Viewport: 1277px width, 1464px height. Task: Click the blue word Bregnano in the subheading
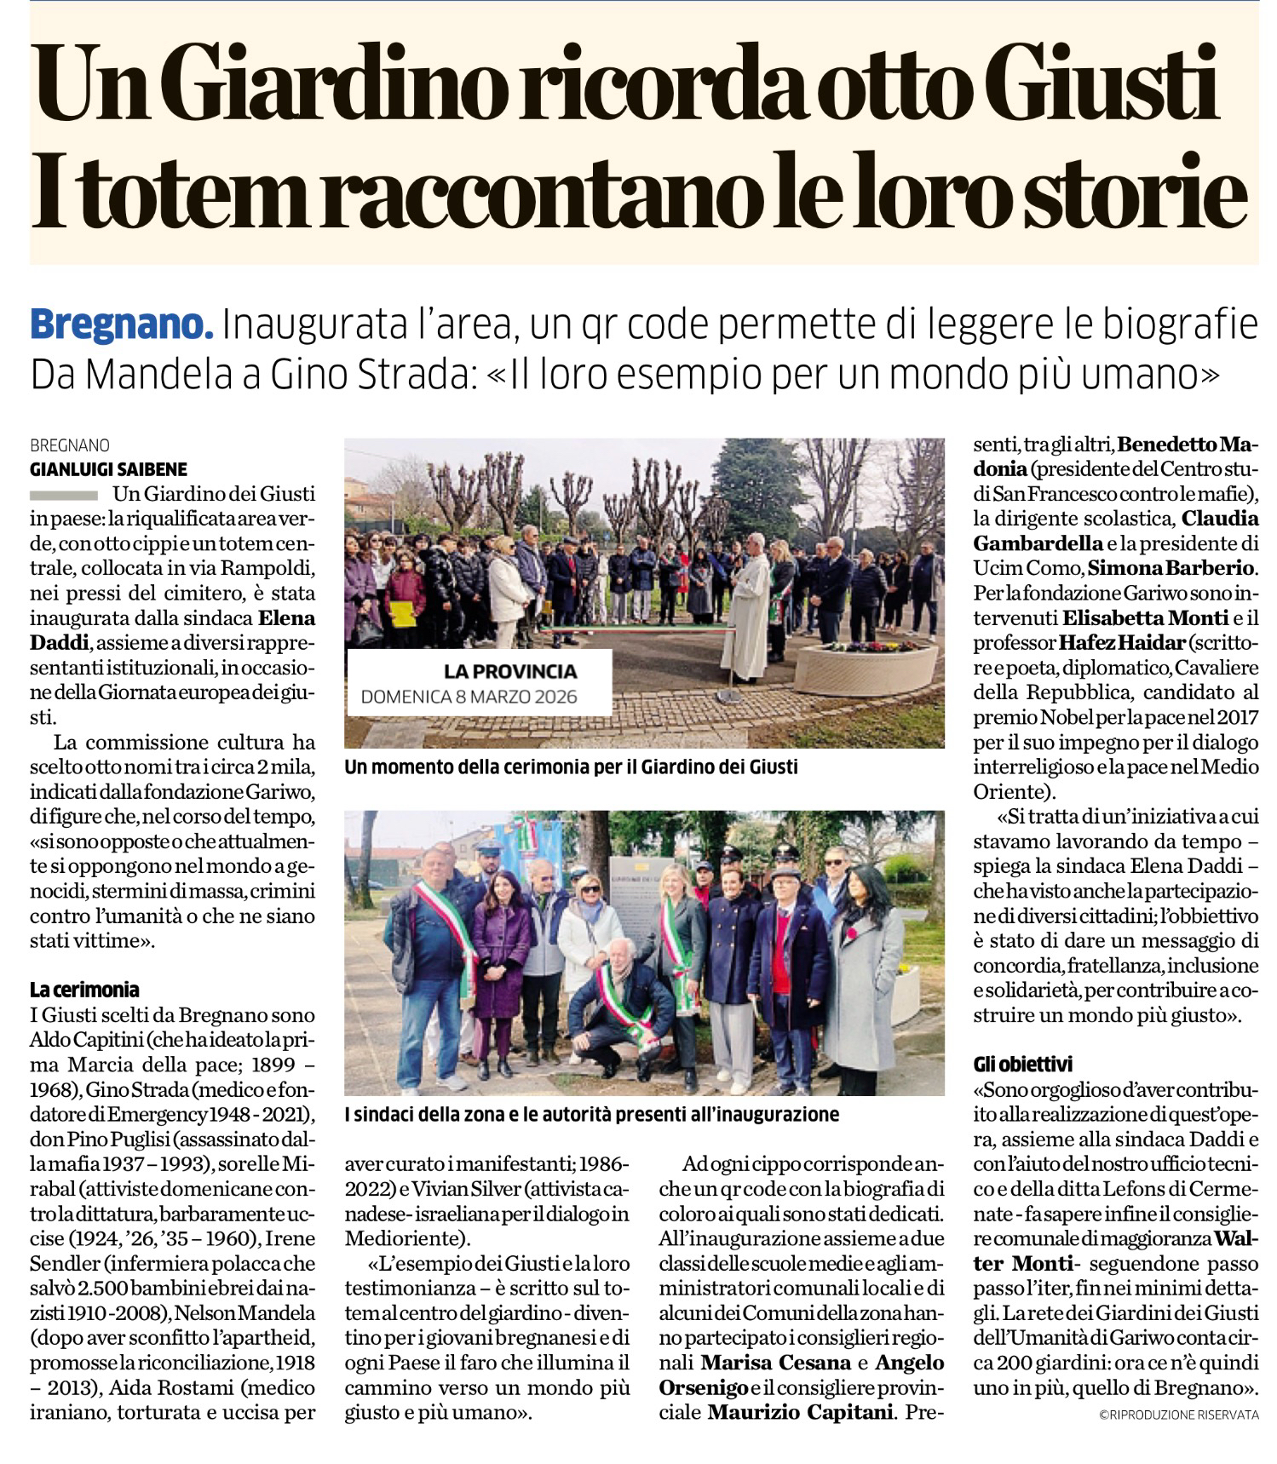tap(120, 326)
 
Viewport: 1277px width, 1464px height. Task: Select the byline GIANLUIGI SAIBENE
tap(108, 469)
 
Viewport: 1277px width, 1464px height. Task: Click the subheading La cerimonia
tap(83, 990)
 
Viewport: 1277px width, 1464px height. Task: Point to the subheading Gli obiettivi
tap(1022, 1064)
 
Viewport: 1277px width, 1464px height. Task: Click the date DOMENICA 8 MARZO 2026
tap(469, 697)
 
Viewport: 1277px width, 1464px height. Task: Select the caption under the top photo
tap(571, 767)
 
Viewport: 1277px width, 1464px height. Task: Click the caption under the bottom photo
tap(591, 1115)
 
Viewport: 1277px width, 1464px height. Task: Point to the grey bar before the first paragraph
tap(64, 495)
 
